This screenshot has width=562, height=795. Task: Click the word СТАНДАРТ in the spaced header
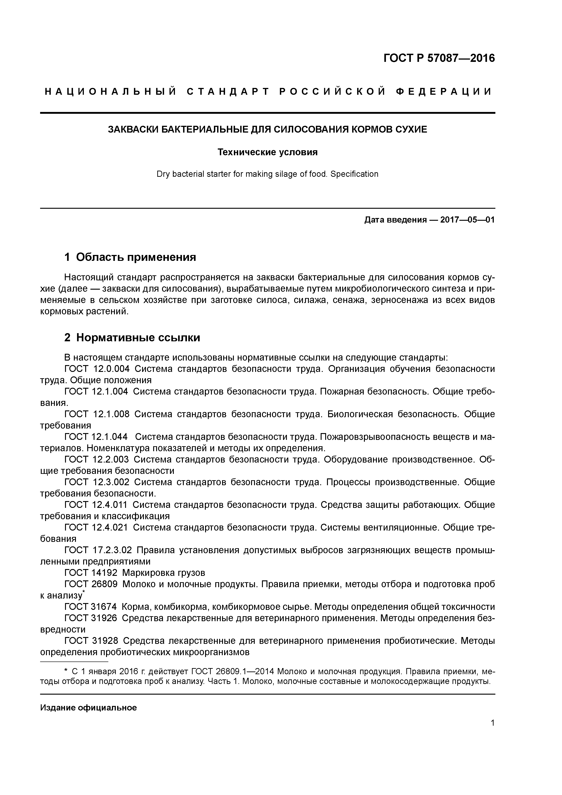(228, 92)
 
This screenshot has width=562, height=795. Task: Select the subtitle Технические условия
(267, 152)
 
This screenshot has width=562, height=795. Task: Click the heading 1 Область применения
(130, 257)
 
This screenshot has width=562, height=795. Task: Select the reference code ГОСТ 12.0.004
(97, 369)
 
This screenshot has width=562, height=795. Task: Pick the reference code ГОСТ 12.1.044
(96, 437)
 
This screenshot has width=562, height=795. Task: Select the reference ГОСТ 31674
(91, 607)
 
